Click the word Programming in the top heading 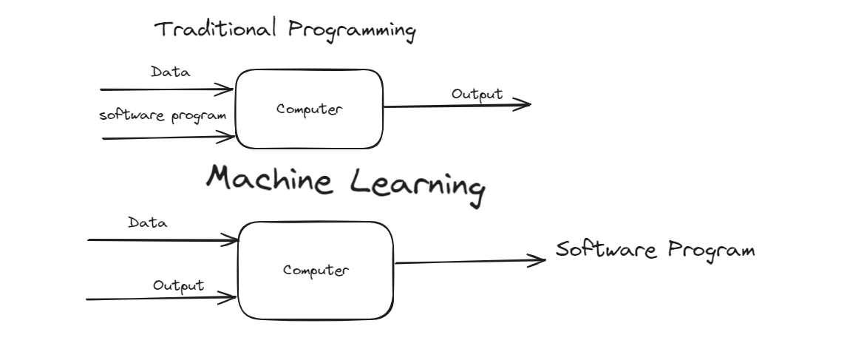coord(351,30)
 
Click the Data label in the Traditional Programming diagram coord(170,72)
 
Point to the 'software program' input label coord(163,115)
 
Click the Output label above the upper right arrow coord(477,94)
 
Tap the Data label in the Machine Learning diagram coord(147,223)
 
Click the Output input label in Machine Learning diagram coord(178,285)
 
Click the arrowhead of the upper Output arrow coord(525,104)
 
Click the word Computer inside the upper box coord(309,109)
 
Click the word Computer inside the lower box coord(316,270)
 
